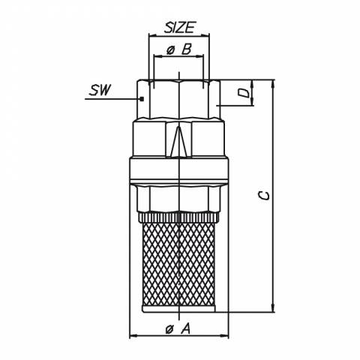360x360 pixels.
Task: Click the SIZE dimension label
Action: pos(179,28)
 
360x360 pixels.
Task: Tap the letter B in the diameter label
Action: pos(186,49)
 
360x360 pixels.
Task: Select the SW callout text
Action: pos(99,90)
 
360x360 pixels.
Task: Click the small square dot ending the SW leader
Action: pos(142,99)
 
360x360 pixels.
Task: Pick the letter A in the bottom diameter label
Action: pos(185,328)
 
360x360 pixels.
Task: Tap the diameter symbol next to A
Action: pos(169,330)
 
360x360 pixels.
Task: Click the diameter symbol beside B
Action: pos(170,51)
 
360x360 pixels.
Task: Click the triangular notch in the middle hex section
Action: pos(179,142)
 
